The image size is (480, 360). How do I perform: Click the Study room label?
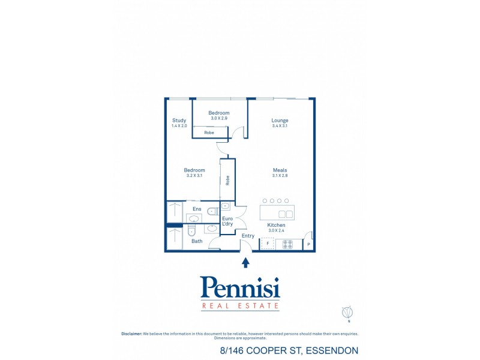179,120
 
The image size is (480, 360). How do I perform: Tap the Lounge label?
280,120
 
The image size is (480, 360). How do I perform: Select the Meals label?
280,170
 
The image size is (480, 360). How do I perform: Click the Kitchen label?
277,225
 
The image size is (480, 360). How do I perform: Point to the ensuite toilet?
211,211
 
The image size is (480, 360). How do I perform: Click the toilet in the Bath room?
192,230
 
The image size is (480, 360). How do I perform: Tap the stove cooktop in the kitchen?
287,244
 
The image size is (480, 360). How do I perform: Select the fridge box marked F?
267,244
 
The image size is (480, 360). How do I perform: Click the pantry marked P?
308,244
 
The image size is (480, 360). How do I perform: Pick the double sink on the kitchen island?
286,214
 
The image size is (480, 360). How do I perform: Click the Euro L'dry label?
227,221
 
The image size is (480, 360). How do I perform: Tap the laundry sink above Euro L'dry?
226,206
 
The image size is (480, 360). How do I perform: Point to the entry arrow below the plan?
245,262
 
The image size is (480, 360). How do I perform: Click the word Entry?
248,236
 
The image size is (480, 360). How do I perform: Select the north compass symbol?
346,313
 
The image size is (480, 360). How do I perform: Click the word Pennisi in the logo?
240,289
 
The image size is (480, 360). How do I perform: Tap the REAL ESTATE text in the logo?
240,306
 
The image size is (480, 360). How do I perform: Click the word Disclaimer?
131,334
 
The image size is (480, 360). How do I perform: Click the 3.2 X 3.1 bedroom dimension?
194,175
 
